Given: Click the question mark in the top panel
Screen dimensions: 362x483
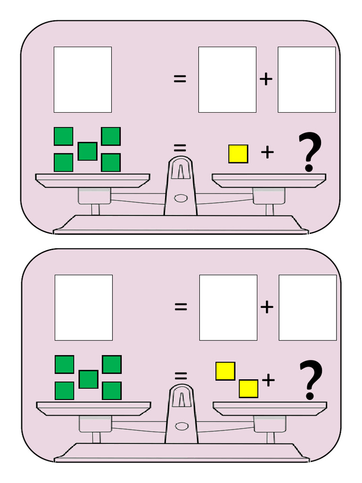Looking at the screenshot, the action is coord(310,151).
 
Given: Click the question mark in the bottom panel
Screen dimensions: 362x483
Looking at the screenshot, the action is coord(311,380).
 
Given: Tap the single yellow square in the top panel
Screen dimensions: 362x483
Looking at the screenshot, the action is coord(238,154).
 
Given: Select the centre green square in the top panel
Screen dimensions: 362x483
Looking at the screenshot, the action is coord(88,151).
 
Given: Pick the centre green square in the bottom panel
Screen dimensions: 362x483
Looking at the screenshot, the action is coord(89,379).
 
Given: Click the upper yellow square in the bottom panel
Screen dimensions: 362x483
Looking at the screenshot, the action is coord(225,371).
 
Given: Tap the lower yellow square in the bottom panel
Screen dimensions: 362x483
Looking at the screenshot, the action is coord(248,389).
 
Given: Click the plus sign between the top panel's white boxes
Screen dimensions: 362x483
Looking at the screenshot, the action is coord(266,79).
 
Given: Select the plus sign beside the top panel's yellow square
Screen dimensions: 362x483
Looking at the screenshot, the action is coord(267,152).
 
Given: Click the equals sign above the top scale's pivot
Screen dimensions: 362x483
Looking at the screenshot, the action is coord(180,149).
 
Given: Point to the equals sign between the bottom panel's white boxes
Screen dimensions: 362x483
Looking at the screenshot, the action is coord(181,307).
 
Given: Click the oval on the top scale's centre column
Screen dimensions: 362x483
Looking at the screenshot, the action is coord(181,198).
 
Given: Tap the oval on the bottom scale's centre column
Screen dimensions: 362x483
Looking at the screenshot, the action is coord(181,426).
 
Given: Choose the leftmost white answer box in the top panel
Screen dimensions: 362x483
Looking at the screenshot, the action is coord(82,79).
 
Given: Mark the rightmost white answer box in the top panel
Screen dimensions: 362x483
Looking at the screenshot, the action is coord(306,79).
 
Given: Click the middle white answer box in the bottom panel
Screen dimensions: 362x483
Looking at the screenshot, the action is coord(228,308).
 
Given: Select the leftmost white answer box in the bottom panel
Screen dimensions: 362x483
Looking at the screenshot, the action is coord(83,308).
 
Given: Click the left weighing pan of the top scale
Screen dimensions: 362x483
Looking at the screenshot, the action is coord(92,181).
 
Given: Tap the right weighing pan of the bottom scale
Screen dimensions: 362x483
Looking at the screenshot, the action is coord(270,409).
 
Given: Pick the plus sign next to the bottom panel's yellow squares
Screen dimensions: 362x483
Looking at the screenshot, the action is coord(268,380).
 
